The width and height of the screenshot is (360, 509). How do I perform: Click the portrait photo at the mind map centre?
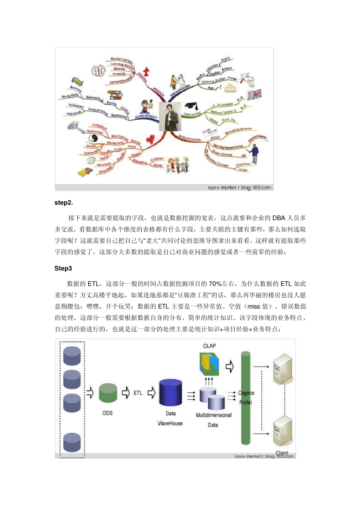(169, 116)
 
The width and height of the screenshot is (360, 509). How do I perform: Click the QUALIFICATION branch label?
(189, 137)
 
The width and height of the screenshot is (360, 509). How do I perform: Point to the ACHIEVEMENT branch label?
(146, 117)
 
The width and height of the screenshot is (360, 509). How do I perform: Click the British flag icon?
(254, 94)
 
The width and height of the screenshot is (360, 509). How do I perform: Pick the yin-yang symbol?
(93, 138)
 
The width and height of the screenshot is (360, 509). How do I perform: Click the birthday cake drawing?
(230, 88)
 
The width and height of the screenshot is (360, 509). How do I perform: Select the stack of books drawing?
(114, 95)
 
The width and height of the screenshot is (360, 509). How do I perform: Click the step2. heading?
(64, 203)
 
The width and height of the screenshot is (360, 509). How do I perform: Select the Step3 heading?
(63, 269)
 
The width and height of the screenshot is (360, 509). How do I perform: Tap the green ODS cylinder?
(108, 393)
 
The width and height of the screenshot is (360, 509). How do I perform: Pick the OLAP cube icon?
(209, 364)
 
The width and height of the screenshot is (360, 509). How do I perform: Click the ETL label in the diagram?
(138, 393)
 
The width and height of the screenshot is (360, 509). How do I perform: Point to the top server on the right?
(282, 368)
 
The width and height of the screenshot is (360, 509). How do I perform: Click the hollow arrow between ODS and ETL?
(125, 393)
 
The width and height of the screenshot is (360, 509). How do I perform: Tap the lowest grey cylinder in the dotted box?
(72, 442)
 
